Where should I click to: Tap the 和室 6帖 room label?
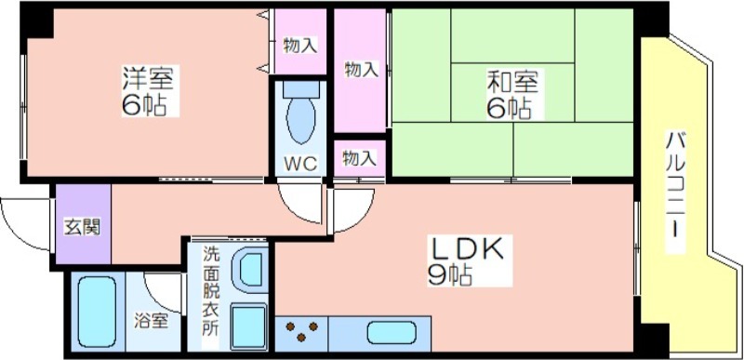(513, 94)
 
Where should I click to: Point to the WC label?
(300, 164)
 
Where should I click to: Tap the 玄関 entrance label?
(83, 227)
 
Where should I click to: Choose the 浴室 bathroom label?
(151, 321)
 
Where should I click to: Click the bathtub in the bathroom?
(97, 313)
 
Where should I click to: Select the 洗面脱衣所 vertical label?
(211, 291)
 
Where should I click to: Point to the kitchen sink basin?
(392, 332)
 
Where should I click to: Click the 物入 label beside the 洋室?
(299, 46)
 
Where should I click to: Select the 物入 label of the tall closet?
(361, 70)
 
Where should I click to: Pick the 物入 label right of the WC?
(360, 158)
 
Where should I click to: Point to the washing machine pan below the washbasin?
(248, 327)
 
